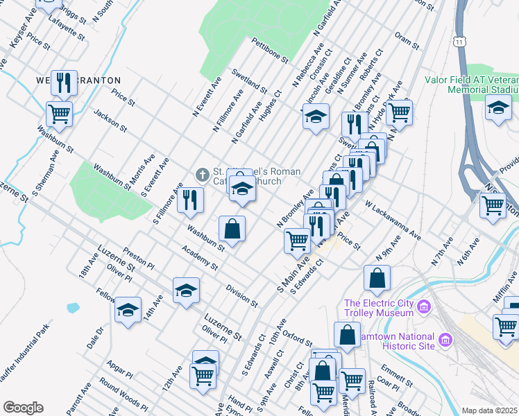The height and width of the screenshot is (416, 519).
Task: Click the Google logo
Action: (x=23, y=408)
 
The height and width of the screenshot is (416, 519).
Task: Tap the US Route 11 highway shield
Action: (x=460, y=42)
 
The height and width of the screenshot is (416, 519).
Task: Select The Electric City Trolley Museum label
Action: (x=380, y=308)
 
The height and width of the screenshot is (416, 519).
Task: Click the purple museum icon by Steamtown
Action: (x=444, y=340)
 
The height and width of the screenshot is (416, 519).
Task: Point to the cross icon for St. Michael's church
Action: (x=202, y=174)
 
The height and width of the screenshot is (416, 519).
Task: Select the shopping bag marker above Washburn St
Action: (x=232, y=228)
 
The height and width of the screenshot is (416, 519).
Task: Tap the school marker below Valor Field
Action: (x=497, y=109)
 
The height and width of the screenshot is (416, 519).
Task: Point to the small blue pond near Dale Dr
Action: (x=73, y=306)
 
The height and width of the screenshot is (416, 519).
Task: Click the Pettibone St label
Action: (x=269, y=51)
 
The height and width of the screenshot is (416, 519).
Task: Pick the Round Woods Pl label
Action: (x=123, y=392)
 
